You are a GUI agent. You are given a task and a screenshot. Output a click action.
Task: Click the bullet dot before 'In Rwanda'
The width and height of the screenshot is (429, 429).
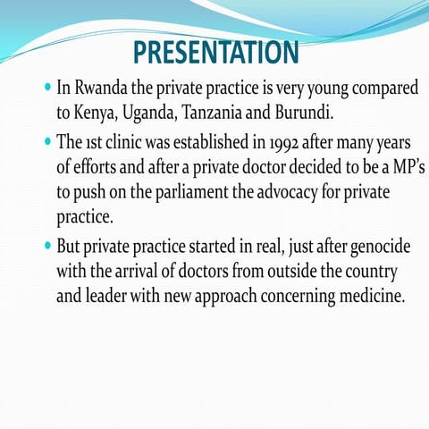[x=47, y=89]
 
